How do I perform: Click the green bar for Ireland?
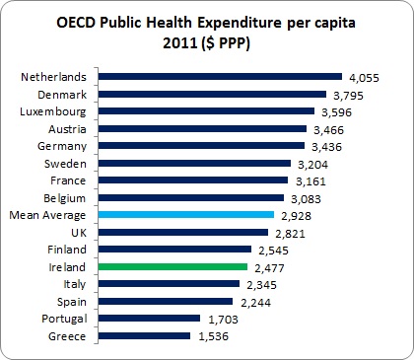[x=173, y=266]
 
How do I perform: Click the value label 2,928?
[x=294, y=214]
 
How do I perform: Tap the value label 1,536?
[x=209, y=335]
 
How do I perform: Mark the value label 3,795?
[x=349, y=94]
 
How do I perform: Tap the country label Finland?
[x=70, y=249]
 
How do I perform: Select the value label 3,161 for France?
[x=308, y=180]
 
